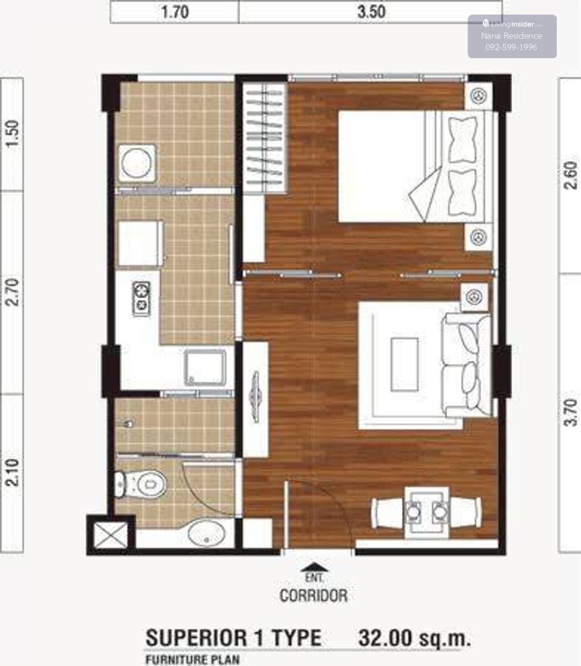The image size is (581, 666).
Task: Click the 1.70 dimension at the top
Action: click(x=175, y=12)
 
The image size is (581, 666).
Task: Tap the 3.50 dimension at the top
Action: click(x=371, y=12)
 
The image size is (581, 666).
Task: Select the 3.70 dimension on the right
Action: click(x=571, y=412)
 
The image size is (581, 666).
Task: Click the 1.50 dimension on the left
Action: click(x=13, y=134)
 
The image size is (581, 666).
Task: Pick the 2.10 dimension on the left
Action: click(x=13, y=473)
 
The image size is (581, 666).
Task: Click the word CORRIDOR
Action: click(x=313, y=596)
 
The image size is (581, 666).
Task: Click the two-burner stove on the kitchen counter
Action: click(x=142, y=299)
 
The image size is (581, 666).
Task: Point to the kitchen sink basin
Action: click(x=205, y=367)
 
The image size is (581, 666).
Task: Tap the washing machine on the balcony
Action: click(x=137, y=163)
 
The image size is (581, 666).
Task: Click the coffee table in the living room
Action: click(x=404, y=365)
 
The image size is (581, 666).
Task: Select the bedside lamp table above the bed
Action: click(x=478, y=96)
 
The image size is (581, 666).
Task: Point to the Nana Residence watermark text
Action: click(x=511, y=36)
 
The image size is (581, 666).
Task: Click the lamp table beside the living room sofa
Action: click(x=474, y=297)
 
